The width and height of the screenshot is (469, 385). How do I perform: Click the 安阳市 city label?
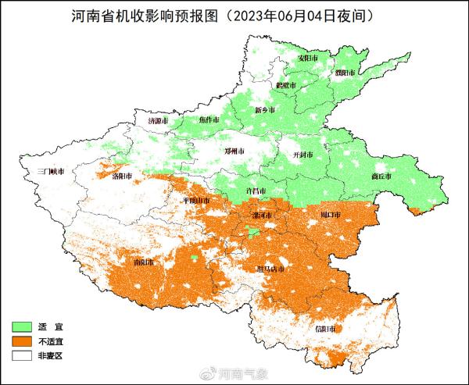[309, 58]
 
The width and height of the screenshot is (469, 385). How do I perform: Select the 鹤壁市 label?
[286, 84]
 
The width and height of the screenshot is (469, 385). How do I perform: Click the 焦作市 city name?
[209, 119]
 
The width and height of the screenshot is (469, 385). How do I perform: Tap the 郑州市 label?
[235, 151]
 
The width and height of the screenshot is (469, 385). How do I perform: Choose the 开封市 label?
[302, 155]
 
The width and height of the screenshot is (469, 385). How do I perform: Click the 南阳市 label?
[145, 262]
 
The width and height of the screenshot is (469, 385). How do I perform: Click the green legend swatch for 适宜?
[23, 326]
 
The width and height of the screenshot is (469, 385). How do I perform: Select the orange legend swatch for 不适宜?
[23, 340]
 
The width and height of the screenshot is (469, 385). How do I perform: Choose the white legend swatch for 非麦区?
[23, 355]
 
